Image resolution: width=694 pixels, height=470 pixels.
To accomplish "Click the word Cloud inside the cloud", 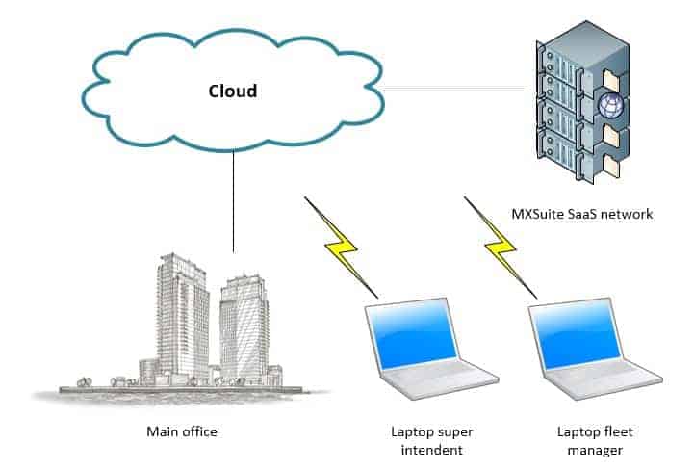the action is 233,91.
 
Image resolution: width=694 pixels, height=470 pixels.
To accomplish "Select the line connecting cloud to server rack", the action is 456,91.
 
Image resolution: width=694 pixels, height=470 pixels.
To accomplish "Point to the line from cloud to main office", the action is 233,201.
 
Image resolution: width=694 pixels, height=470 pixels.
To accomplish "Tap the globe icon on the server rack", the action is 610,105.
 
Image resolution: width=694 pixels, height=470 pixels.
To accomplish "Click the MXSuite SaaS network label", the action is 582,214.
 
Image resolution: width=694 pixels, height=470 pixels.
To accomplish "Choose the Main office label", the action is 182,431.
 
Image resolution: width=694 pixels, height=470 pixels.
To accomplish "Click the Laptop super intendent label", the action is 431,441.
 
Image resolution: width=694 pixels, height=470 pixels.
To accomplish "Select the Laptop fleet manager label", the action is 595,441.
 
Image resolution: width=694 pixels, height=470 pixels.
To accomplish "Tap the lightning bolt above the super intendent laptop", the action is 342,248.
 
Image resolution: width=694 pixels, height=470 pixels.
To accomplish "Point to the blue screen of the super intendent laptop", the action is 413,334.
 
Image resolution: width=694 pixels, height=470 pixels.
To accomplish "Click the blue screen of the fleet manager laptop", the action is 578,334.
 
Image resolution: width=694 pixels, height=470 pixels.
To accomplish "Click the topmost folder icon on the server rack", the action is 611,80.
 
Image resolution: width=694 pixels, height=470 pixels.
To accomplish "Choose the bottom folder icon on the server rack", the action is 611,166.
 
